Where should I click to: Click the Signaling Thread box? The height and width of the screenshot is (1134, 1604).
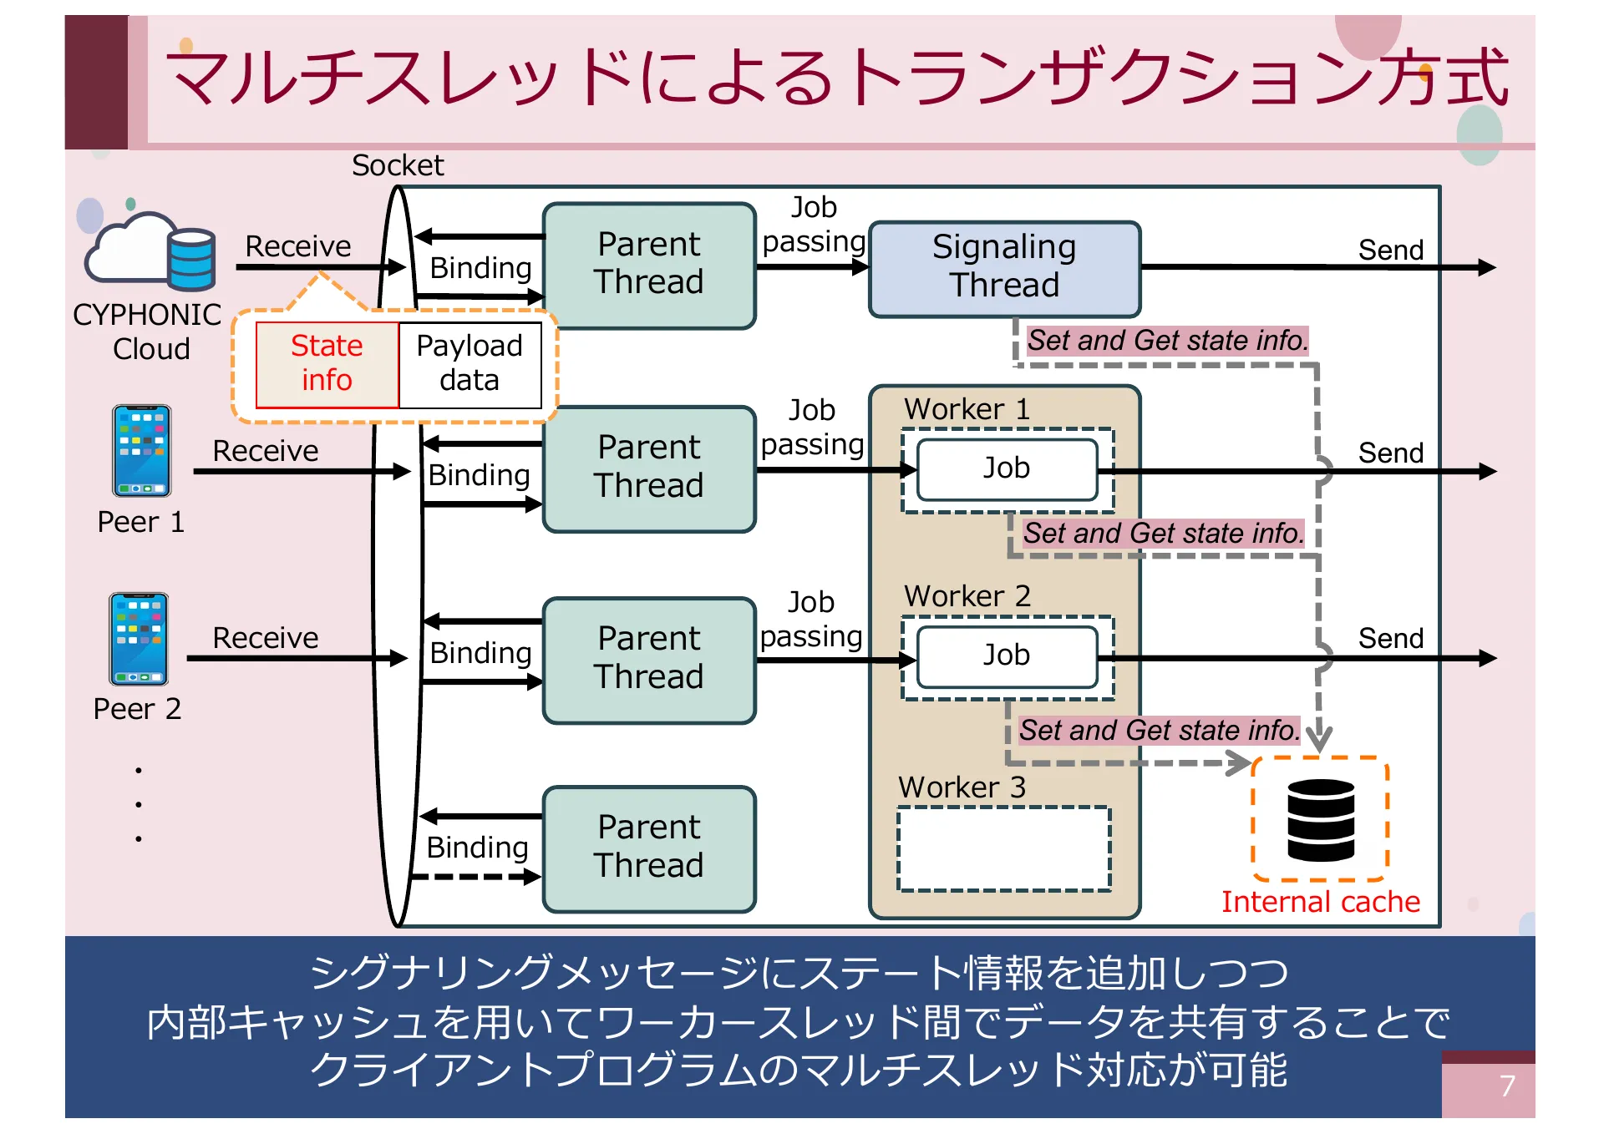tap(1004, 268)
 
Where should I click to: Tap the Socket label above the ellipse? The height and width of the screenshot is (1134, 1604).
tap(398, 165)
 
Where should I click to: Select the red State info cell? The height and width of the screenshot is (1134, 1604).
tap(327, 364)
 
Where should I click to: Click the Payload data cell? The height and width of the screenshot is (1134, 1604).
tap(470, 364)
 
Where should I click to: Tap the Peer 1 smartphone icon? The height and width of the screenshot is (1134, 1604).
tap(142, 451)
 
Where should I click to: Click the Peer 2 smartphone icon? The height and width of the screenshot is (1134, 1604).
tap(139, 639)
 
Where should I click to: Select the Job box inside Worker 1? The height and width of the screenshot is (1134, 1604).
tap(1007, 469)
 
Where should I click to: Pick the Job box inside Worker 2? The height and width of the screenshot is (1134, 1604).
tap(1007, 656)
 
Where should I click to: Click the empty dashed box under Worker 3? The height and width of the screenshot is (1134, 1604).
tap(1004, 848)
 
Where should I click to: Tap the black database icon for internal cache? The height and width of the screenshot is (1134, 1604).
tap(1320, 820)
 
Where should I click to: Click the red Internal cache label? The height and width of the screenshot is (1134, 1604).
tap(1320, 902)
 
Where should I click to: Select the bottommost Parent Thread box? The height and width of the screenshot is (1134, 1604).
tap(649, 848)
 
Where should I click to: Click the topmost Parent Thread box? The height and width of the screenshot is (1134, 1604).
tap(649, 264)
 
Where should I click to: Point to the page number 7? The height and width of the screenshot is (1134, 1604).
tap(1506, 1086)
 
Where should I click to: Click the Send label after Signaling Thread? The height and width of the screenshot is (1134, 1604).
tap(1390, 250)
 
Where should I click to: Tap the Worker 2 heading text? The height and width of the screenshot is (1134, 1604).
tap(967, 596)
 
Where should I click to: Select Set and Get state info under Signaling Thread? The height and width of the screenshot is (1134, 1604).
tap(1167, 341)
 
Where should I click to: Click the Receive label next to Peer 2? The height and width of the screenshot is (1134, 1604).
tap(265, 638)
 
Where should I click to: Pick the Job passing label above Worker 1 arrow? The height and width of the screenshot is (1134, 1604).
tap(812, 428)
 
